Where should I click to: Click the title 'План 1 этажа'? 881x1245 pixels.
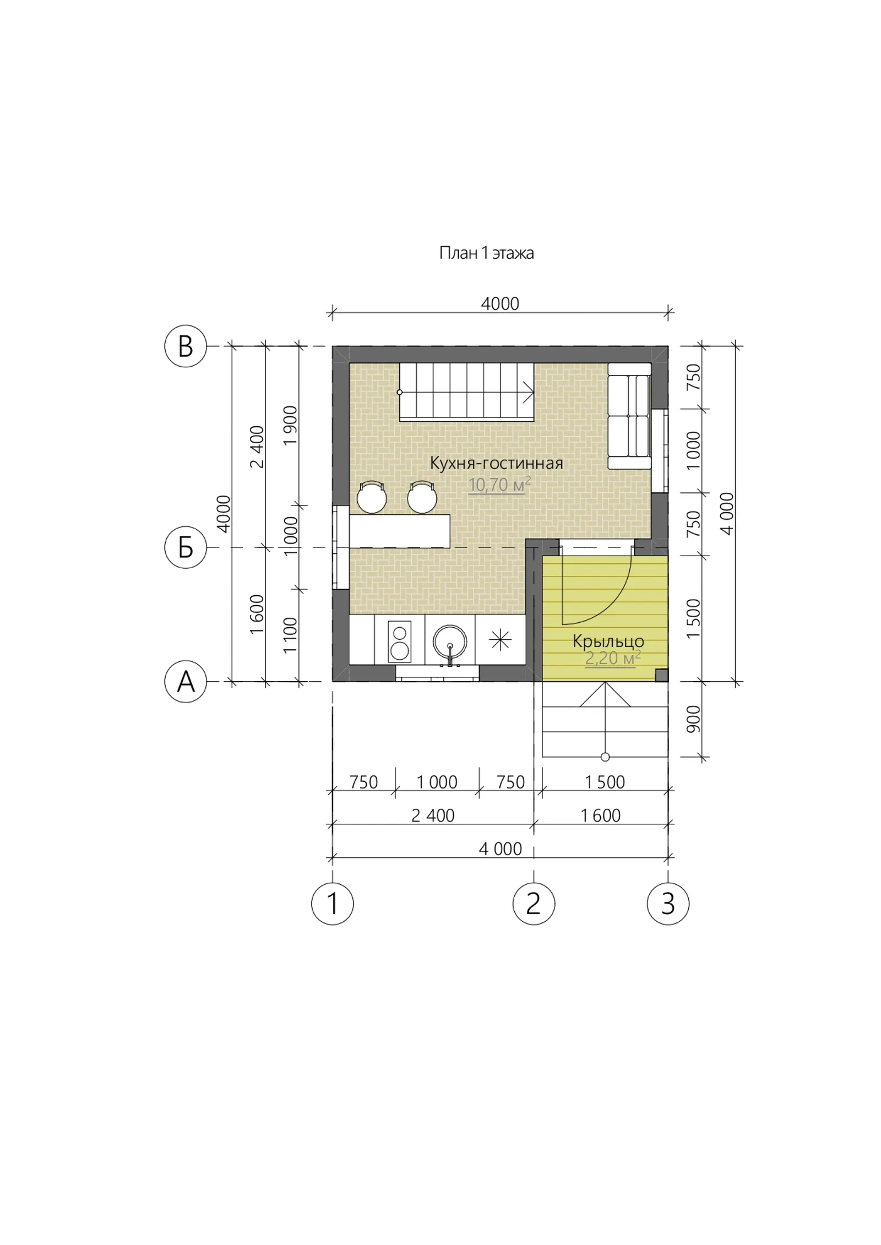[486, 253]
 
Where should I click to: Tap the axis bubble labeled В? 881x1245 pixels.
[186, 346]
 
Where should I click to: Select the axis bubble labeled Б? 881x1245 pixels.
[186, 547]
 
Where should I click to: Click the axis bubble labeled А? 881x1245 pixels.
[186, 682]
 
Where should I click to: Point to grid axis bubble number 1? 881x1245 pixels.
[333, 904]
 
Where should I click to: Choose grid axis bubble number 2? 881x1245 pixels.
[534, 904]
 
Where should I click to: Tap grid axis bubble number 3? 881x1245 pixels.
[668, 904]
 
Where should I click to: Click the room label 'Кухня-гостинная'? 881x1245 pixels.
[496, 463]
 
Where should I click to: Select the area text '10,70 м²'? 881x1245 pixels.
[499, 485]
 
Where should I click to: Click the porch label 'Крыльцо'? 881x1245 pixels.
[608, 641]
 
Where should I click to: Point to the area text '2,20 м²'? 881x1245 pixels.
[613, 658]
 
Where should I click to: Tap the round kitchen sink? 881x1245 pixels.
[450, 641]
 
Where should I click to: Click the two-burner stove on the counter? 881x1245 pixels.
[399, 641]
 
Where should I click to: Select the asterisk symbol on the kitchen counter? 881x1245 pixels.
[500, 640]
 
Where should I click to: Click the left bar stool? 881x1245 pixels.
[372, 497]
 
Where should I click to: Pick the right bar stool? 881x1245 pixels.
[422, 497]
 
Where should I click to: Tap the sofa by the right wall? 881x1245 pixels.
[629, 416]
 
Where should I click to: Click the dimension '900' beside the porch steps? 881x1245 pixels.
[694, 719]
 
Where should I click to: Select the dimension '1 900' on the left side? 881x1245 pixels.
[290, 426]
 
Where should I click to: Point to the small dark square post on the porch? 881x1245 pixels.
[661, 675]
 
